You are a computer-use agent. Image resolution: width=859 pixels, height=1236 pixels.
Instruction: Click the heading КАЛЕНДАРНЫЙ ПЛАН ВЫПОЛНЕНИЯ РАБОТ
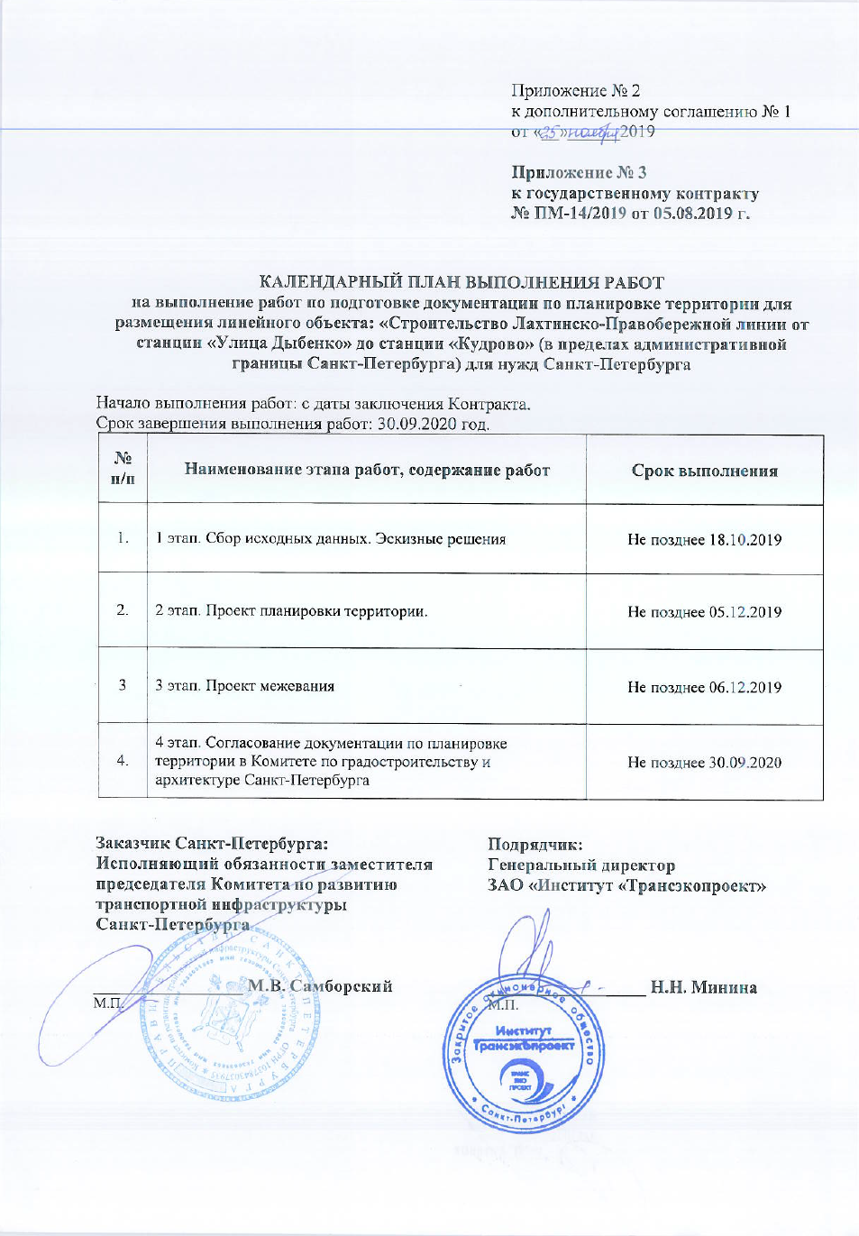point(461,282)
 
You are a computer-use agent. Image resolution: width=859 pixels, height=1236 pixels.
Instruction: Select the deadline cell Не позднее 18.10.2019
point(704,540)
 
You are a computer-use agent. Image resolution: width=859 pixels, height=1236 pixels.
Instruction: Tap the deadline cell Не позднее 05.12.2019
point(704,612)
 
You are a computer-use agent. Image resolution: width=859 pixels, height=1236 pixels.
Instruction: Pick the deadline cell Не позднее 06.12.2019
point(704,687)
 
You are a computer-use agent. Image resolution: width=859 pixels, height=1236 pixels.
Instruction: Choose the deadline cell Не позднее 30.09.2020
point(704,763)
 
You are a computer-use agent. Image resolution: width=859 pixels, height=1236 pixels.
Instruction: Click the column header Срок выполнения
point(704,471)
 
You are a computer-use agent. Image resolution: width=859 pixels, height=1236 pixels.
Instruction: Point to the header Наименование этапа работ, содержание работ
point(367,470)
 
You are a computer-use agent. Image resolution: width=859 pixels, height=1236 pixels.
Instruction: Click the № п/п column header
point(123,469)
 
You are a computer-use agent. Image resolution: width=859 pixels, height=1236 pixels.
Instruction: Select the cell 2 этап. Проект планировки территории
point(291,611)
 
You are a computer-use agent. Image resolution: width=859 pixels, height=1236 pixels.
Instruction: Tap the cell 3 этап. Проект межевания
point(244,686)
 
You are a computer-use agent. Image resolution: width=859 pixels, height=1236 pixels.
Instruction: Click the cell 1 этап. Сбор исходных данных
point(330,539)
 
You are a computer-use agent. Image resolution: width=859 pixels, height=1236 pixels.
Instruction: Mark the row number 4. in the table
point(123,761)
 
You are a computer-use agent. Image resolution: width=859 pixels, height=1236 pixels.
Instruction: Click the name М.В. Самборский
point(320,986)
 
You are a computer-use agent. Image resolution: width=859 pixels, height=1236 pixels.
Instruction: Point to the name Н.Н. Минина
point(703,987)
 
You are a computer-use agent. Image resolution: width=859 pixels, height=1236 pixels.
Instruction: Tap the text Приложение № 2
point(575,90)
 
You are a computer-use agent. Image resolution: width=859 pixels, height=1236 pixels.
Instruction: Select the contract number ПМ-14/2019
point(580,214)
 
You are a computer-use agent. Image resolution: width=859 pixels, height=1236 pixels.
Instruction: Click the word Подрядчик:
point(535,845)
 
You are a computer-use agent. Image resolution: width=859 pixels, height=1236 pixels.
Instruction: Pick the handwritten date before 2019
point(579,133)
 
